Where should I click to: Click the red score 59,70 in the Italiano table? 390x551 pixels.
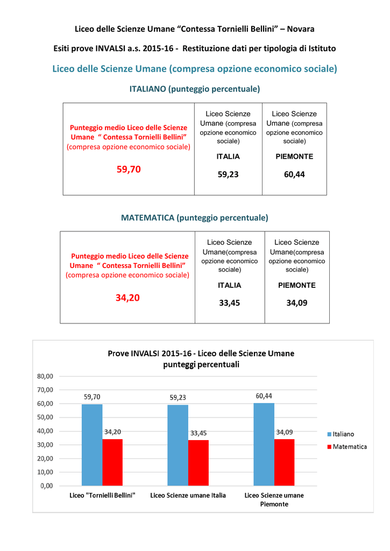129,169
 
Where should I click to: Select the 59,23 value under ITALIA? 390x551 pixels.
228,174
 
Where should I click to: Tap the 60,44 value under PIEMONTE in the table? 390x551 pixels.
294,174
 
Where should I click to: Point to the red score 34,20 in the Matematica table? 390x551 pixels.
127,298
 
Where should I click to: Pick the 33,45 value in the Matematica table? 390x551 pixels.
230,303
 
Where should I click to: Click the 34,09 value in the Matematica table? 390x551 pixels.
297,303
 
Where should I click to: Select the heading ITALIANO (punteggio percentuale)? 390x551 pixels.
195,89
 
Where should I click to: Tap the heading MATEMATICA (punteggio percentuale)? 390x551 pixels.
195,218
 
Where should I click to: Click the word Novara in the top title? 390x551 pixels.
301,29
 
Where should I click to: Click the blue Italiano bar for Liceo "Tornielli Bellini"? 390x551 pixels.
92,445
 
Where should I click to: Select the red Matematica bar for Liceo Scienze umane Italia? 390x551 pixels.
198,463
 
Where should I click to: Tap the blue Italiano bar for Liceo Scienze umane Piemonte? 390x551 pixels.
264,444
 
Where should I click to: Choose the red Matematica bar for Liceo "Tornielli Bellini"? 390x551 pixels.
112,462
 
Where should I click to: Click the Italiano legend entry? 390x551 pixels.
341,434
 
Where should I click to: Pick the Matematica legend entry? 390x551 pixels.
347,447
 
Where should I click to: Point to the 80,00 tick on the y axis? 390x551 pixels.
45,376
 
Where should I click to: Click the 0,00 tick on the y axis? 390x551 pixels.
47,486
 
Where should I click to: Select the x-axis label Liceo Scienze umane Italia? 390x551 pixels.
188,496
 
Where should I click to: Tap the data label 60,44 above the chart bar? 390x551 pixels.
264,396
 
